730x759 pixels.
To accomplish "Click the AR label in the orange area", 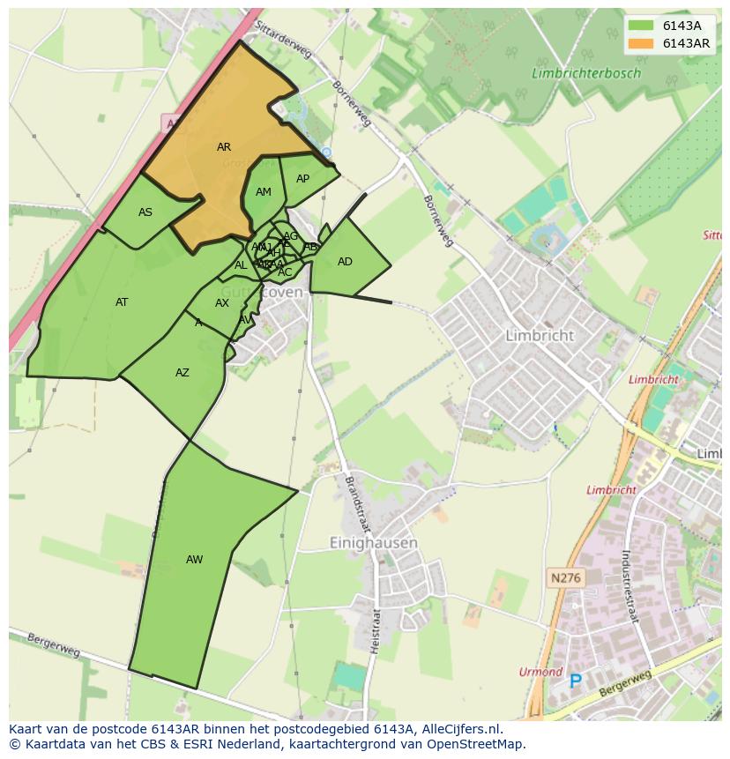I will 224,147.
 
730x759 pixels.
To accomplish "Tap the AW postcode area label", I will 194,560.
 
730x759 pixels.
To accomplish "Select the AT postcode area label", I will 122,302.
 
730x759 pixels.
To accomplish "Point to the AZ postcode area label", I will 182,373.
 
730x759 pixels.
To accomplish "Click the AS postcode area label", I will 145,212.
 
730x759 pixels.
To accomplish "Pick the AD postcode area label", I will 345,262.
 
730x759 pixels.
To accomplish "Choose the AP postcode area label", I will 302,179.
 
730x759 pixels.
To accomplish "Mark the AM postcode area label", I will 264,192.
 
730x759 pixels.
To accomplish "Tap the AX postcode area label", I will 222,303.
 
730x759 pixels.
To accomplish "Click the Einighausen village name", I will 373,543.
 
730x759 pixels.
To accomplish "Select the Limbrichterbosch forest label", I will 586,74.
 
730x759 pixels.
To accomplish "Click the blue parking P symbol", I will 576,681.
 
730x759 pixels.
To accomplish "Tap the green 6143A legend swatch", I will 642,26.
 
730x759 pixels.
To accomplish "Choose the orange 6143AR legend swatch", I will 642,43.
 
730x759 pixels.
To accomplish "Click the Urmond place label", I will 540,672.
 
